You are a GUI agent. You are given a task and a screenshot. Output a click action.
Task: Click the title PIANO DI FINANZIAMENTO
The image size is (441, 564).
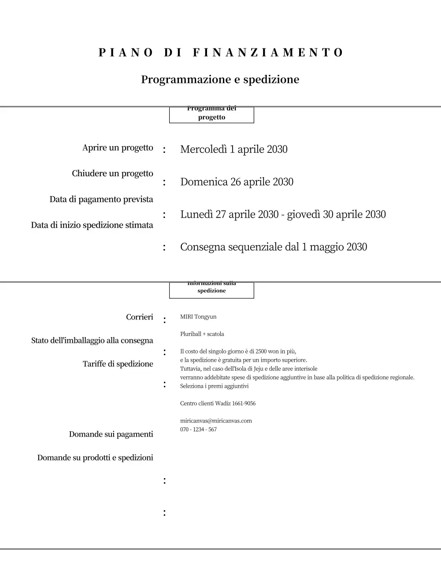[220, 53]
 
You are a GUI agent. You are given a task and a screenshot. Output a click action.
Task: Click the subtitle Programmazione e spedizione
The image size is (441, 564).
[220, 80]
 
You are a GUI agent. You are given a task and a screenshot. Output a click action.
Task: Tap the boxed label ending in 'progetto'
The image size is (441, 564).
[211, 115]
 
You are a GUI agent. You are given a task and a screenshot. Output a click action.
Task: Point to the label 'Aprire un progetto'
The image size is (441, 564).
[118, 148]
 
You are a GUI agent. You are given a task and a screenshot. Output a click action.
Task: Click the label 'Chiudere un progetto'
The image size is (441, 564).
[112, 174]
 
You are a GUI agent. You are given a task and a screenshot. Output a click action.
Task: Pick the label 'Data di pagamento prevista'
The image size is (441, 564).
[101, 200]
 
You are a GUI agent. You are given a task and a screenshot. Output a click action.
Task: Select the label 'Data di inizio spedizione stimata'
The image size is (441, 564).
[92, 225]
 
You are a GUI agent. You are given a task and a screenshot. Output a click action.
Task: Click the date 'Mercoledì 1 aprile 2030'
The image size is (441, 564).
[233, 149]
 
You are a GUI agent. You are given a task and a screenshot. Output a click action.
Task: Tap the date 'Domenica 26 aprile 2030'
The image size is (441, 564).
[237, 182]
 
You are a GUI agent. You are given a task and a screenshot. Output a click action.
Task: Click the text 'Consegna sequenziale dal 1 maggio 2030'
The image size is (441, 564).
[273, 247]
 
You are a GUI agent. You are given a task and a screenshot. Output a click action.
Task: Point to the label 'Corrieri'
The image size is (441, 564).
[139, 317]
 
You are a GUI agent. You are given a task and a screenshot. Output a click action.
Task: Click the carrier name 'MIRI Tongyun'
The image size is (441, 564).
[198, 317]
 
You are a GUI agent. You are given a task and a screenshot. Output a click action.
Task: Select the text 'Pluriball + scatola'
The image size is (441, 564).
[202, 334]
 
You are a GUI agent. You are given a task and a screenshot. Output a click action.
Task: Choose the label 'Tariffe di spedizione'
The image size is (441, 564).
[118, 364]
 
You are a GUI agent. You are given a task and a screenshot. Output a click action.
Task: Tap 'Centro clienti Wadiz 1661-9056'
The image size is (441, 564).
[218, 404]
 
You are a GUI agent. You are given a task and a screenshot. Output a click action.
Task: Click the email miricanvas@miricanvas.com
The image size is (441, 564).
[216, 421]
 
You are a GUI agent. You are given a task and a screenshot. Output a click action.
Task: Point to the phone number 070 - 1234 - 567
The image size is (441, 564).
[198, 430]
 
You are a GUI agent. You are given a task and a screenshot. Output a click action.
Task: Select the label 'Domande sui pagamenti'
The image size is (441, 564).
[111, 434]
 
